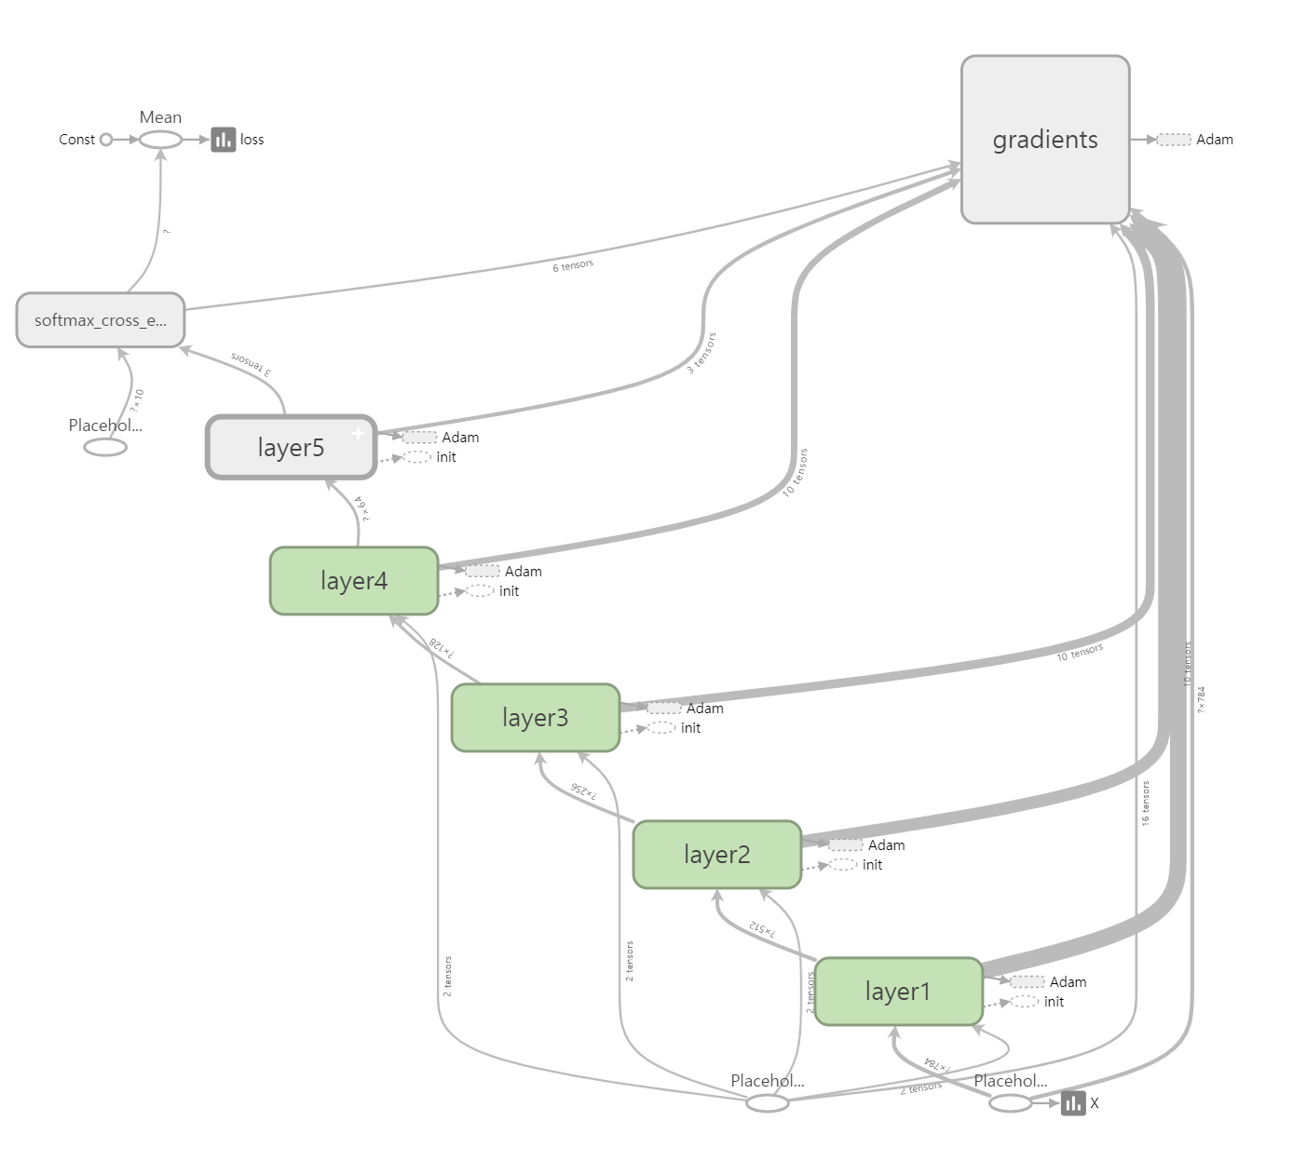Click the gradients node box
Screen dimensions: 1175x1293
1044,140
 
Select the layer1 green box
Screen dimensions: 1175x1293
898,992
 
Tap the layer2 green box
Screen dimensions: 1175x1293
716,855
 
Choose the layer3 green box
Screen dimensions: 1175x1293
535,718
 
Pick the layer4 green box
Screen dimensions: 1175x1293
353,581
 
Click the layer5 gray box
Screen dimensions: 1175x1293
291,448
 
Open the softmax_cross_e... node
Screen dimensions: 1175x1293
101,320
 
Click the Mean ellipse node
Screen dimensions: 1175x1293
160,140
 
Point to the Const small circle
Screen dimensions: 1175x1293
106,140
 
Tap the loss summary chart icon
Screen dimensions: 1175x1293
224,140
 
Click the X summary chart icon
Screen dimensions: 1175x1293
1073,1103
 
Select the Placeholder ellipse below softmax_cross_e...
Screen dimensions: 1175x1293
105,448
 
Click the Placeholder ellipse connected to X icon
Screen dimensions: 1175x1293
1010,1103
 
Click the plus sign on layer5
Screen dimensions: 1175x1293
358,433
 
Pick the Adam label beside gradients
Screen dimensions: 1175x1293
1214,140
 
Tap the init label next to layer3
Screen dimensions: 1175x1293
690,728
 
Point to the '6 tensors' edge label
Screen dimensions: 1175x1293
572,266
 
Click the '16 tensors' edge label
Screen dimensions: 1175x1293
1146,804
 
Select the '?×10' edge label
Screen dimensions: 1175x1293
137,401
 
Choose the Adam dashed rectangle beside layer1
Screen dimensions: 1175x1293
1027,981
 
